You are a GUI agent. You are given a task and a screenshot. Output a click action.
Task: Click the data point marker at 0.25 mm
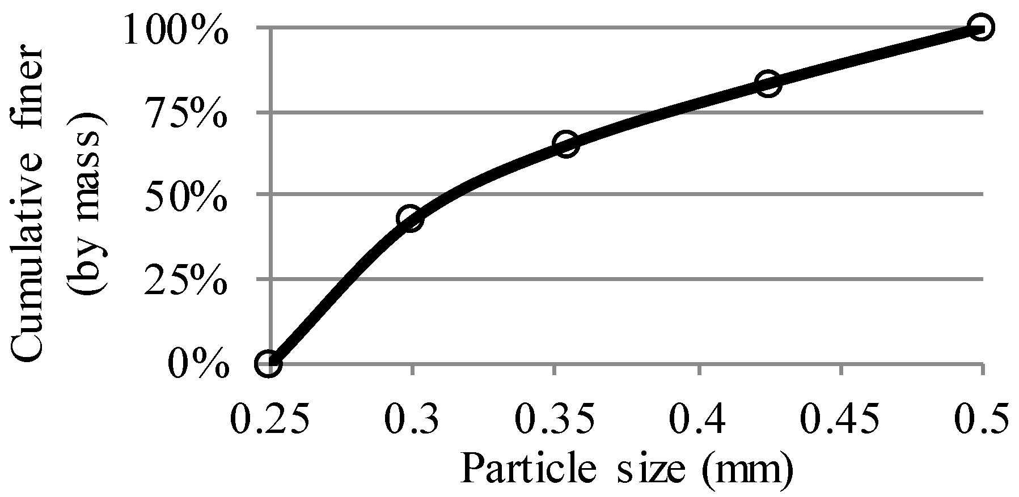pos(269,363)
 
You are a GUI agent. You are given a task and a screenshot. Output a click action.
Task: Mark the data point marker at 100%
pos(980,27)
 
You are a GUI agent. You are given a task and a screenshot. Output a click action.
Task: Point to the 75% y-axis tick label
pos(186,113)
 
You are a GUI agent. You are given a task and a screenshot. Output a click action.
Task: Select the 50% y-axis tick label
pos(186,196)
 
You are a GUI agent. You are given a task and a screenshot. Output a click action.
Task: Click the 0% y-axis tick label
pos(198,364)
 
